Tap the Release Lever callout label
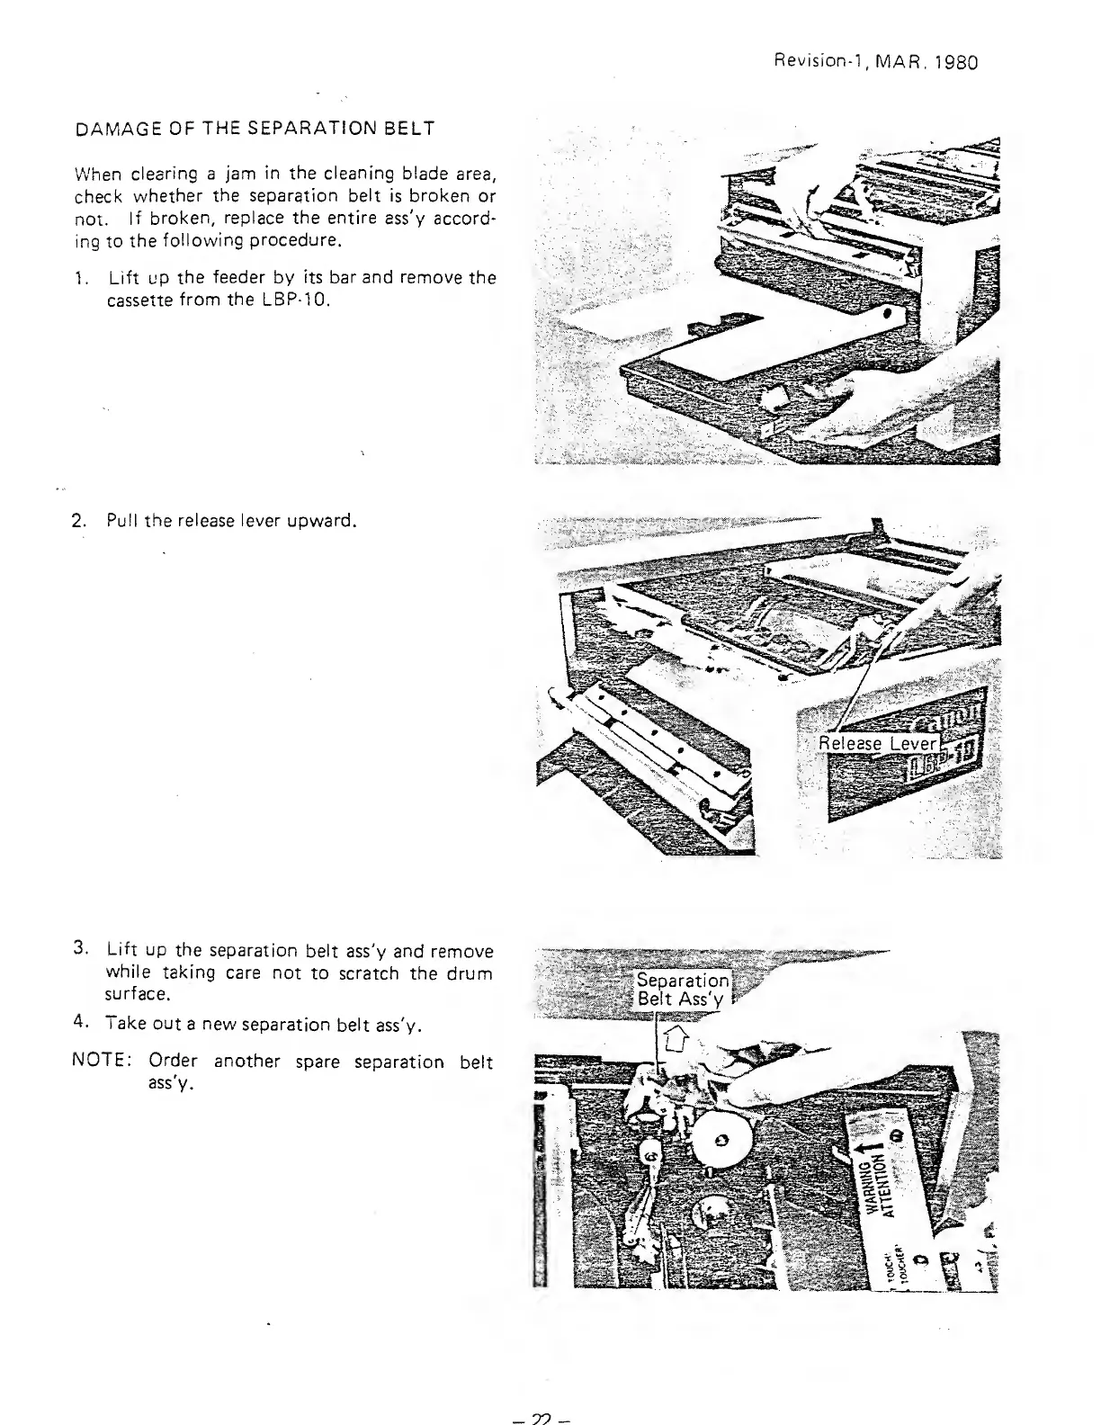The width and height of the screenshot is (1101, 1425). [x=877, y=744]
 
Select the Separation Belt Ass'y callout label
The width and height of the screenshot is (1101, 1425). [x=683, y=990]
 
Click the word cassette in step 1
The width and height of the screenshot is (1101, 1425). [x=136, y=300]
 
